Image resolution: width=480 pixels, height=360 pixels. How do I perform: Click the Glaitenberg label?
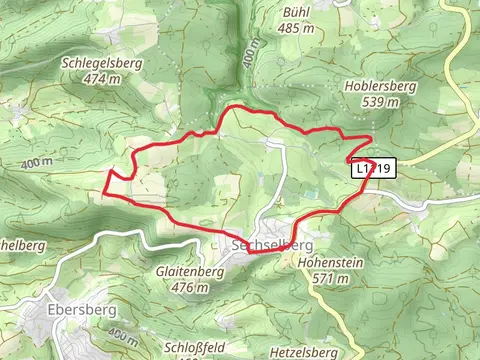189,271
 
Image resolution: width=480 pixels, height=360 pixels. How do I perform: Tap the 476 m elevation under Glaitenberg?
189,287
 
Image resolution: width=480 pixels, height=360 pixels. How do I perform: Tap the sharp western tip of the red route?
105,187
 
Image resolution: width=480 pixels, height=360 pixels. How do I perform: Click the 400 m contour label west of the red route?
34,162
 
